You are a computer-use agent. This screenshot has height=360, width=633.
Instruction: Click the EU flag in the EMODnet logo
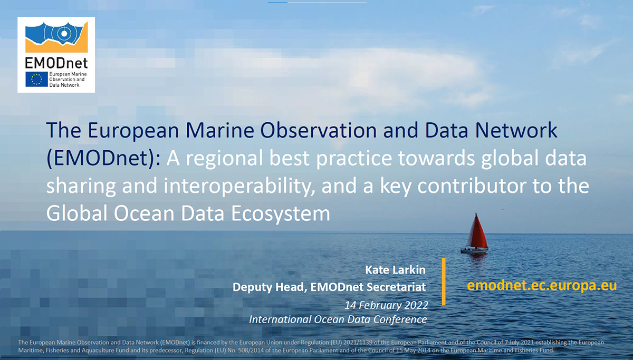pos(36,79)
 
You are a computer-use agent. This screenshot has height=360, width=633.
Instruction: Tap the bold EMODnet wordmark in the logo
pos(56,63)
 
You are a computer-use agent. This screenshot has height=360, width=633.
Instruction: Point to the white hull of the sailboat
pos(474,250)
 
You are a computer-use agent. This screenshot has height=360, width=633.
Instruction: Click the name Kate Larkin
pos(395,270)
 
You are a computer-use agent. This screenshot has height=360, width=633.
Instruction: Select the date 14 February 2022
pos(386,305)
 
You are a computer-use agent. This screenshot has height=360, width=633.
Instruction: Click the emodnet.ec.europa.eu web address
pos(542,286)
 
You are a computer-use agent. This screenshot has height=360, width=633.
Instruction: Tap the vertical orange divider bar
pos(444,281)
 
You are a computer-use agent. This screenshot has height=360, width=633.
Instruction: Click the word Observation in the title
pos(318,130)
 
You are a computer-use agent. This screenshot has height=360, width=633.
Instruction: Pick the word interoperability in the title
pos(239,186)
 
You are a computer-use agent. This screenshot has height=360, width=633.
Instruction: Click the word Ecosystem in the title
pos(281,214)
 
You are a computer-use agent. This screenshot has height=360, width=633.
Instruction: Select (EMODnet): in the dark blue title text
pos(103,158)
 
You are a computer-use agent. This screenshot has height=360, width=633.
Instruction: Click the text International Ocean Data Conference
pos(338,319)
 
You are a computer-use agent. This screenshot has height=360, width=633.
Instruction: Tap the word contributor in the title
pos(472,186)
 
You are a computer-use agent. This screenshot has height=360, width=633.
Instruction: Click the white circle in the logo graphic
pos(64,34)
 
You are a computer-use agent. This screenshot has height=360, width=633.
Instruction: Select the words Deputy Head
pos(270,287)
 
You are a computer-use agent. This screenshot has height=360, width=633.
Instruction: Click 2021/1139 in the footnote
pos(358,343)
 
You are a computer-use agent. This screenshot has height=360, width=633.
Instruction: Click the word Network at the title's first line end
pos(516,130)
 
